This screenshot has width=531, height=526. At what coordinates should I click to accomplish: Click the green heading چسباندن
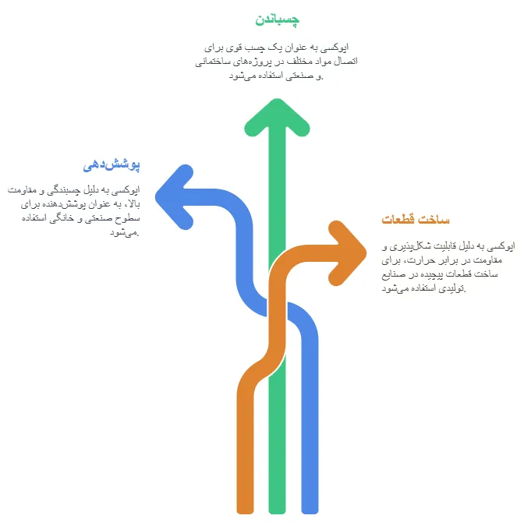pyautogui.click(x=277, y=18)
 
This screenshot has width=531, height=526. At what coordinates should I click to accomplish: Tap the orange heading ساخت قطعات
pyautogui.click(x=416, y=219)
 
